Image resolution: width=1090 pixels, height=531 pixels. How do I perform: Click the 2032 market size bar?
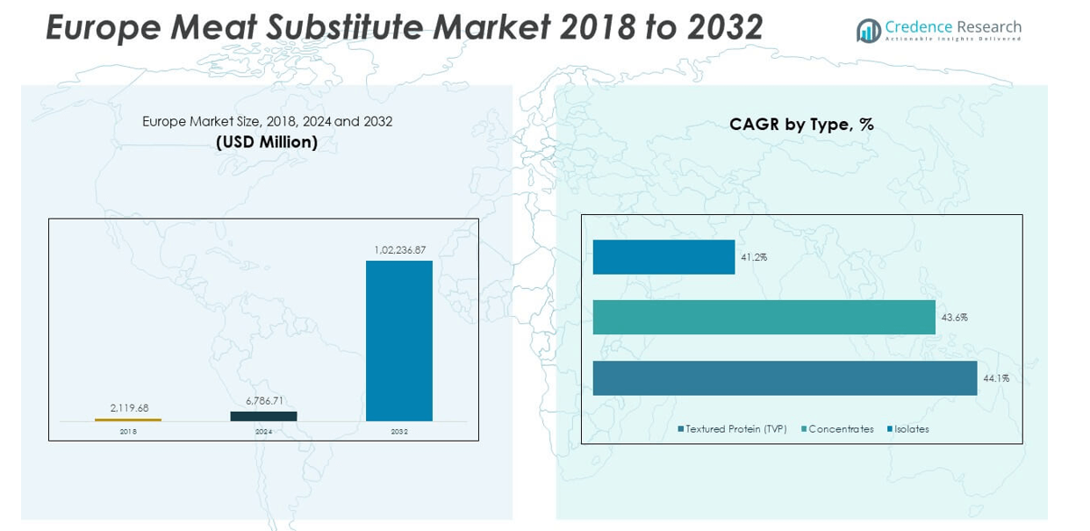(398, 341)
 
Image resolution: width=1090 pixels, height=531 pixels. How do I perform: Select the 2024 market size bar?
(263, 416)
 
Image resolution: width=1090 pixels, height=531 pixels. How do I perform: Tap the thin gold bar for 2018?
(128, 420)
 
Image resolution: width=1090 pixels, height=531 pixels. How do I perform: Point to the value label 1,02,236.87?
(399, 250)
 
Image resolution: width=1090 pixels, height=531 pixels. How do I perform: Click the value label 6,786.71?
(264, 401)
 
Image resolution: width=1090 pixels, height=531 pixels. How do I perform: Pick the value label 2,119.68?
(129, 408)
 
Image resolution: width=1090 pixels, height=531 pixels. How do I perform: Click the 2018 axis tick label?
(128, 432)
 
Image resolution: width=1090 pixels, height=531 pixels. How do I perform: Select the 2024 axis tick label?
(263, 432)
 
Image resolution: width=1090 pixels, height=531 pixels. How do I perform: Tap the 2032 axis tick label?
(399, 432)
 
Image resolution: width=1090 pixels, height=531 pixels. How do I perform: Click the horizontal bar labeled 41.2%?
(663, 257)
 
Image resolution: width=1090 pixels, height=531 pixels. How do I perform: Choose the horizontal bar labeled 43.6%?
(764, 317)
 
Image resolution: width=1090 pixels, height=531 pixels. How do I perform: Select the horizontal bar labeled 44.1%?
(785, 378)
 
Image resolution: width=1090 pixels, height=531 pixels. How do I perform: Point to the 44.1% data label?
(996, 378)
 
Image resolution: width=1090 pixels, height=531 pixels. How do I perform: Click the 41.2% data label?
(754, 257)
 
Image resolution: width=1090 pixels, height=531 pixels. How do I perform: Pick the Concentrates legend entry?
(840, 429)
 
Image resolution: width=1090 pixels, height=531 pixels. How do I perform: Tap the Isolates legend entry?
(911, 429)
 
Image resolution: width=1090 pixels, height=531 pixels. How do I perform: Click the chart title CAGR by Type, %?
(801, 125)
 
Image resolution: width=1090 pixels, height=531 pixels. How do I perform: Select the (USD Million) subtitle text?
(267, 141)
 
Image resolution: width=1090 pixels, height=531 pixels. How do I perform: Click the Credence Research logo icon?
(868, 31)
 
